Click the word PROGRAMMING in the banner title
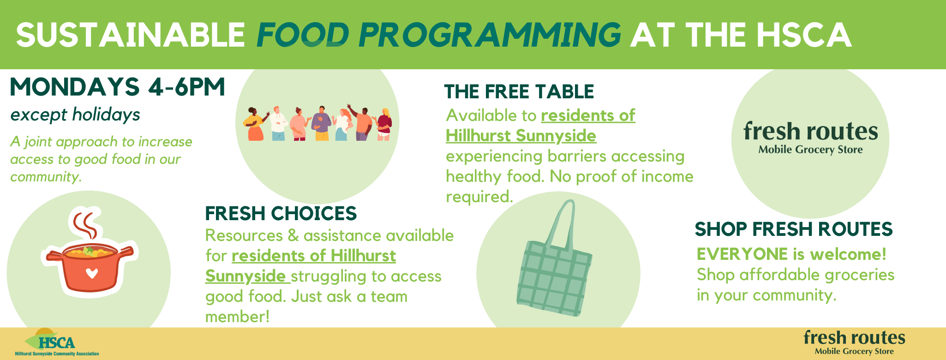click(489, 35)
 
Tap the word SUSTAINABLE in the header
click(131, 35)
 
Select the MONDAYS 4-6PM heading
click(117, 87)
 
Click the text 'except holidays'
click(75, 114)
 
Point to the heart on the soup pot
click(92, 273)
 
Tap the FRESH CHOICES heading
click(281, 214)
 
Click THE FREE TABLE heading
click(519, 92)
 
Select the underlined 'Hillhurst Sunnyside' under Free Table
click(521, 136)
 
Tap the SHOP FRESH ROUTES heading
click(794, 229)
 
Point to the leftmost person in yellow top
click(255, 125)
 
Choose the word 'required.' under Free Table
click(479, 197)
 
